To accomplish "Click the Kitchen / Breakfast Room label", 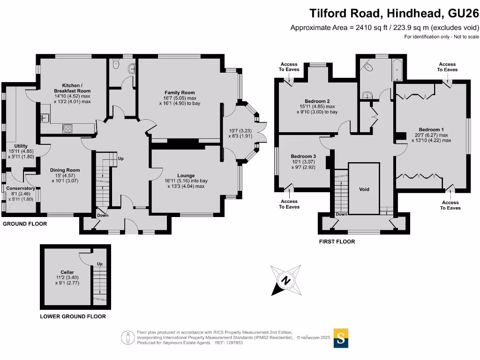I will pos(72,88).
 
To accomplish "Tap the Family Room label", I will pos(180,93).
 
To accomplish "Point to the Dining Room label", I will pos(65,170).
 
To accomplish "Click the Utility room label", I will pos(21,146).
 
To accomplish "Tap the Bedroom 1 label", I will pos(431,129).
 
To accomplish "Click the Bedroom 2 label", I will pos(317,101).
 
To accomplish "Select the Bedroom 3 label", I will pos(303,157).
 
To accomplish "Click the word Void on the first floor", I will pos(364,189).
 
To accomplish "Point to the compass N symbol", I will pos(285,281).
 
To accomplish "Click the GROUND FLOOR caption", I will pos(25,224).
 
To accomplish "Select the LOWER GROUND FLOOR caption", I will pos(73,316).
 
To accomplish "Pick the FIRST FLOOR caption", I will pos(337,242).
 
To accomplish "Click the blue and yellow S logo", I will pos(341,338).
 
